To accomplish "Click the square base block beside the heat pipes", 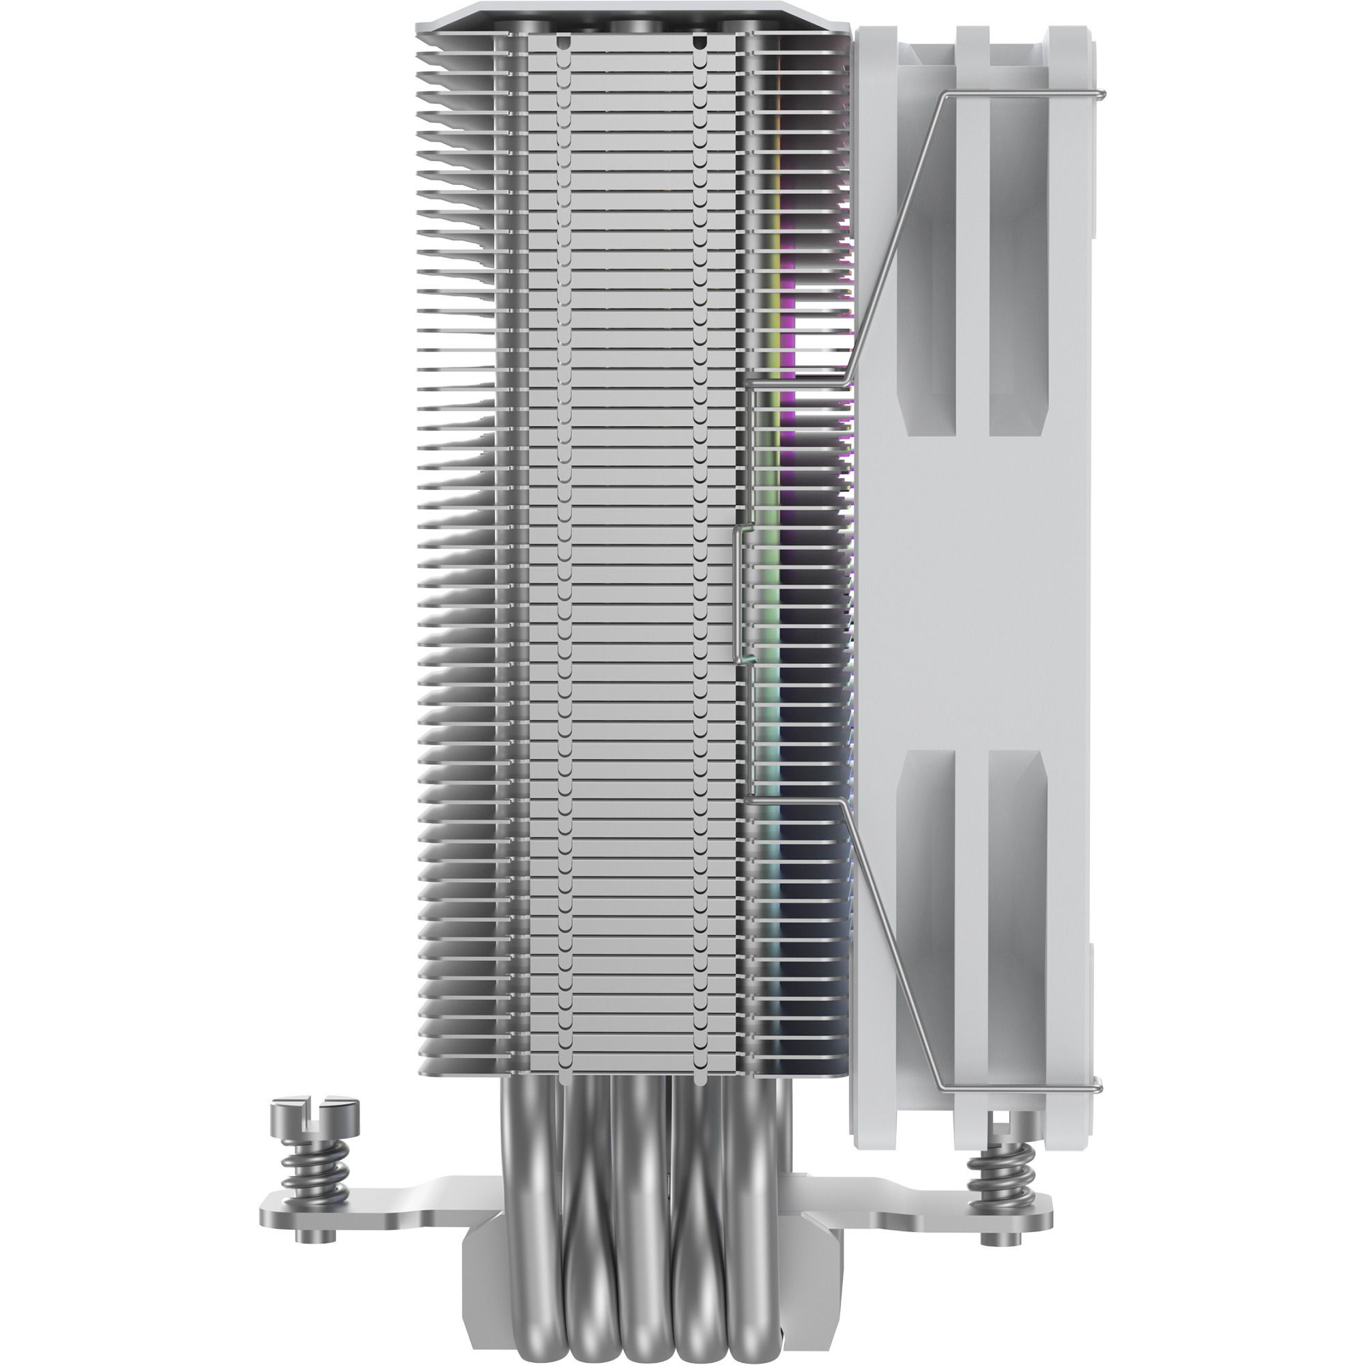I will click(480, 1265).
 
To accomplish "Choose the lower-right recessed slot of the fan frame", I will click(1016, 904).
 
